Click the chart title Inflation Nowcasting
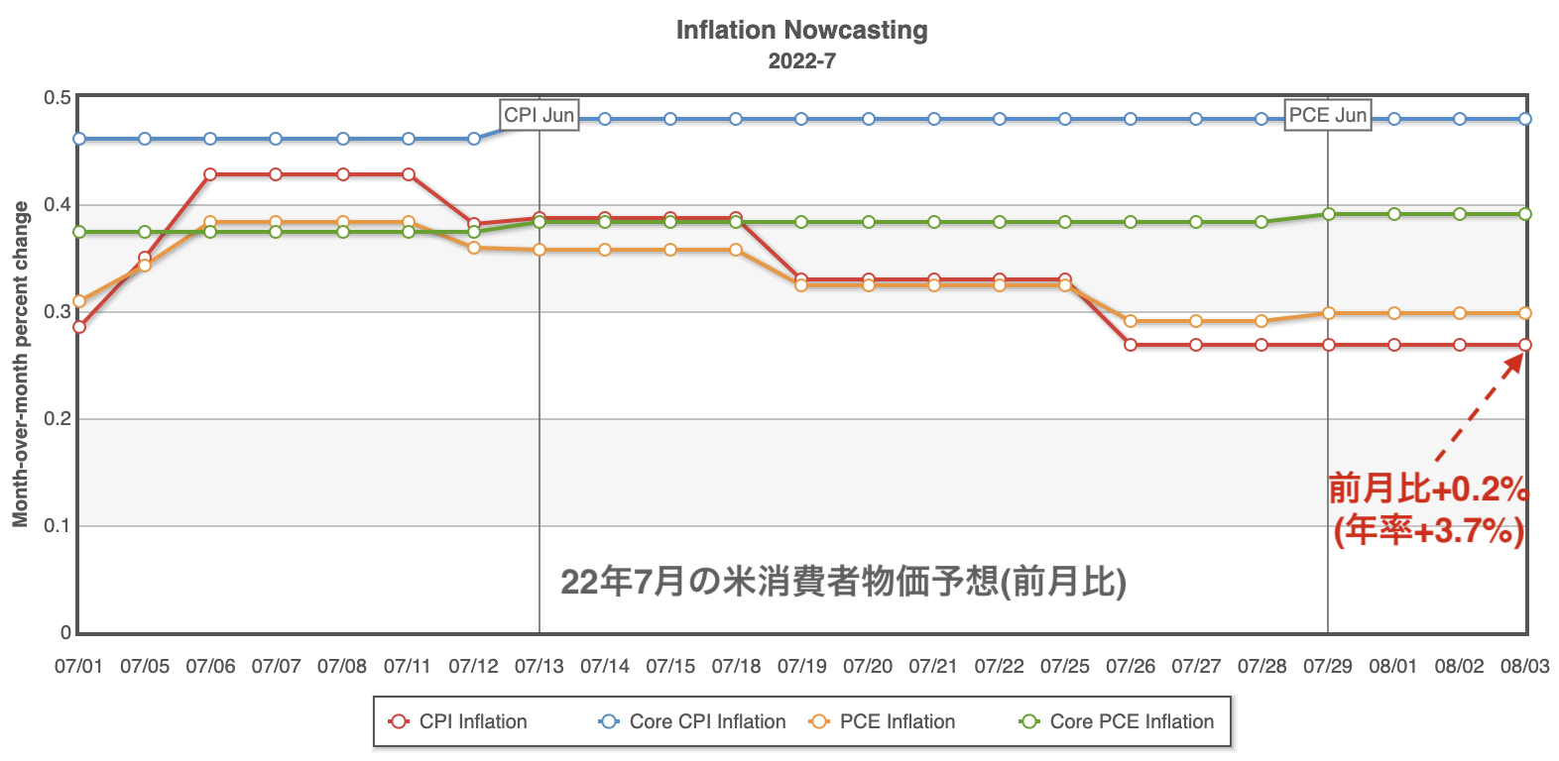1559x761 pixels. point(801,31)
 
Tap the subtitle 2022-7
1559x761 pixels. point(801,61)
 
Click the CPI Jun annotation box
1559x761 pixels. point(539,115)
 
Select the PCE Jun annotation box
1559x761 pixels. point(1327,115)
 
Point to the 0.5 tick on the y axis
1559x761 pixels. point(58,98)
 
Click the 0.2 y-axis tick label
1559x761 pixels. point(58,419)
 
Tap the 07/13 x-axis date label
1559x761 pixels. point(539,666)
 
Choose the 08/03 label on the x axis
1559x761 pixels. point(1524,666)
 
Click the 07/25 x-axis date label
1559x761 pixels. point(1064,666)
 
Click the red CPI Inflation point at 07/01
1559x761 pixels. point(79,327)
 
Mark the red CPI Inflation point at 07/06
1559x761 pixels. point(210,174)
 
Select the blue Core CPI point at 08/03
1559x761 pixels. point(1525,119)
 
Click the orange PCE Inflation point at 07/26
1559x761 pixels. point(1131,321)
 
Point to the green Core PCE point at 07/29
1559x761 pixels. point(1328,214)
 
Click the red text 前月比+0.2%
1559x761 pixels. point(1428,489)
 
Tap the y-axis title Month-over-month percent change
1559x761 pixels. point(20,364)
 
